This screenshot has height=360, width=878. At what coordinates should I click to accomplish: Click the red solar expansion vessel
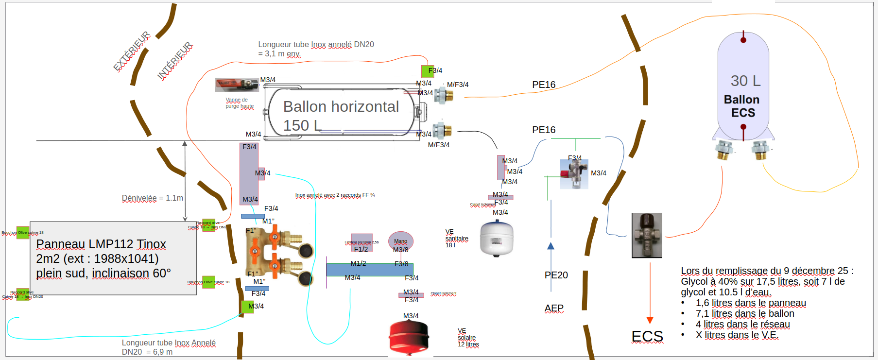point(409,336)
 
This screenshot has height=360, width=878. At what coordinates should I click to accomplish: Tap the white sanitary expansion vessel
point(497,238)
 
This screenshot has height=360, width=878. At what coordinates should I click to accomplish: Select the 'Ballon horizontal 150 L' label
point(341,116)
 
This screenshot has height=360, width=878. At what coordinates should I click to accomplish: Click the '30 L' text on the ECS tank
point(745,81)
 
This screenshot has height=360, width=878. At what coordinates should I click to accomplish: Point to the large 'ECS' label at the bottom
point(647,337)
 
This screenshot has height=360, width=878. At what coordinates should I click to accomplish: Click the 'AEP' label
point(554,308)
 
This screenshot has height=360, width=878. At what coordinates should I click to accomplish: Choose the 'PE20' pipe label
point(556,275)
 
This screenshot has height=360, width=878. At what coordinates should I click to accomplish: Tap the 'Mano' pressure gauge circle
point(401,241)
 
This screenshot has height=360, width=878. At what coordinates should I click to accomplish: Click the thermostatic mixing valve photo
point(647,235)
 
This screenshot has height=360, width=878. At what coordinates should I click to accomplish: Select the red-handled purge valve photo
point(237,85)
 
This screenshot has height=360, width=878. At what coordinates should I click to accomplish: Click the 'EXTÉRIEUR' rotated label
point(132,51)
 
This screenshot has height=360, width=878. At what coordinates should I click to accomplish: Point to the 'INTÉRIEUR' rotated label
point(174,61)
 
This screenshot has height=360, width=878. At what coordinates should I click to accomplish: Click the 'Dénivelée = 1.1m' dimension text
point(152,198)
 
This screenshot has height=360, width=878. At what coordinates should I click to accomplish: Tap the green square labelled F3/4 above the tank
point(427,71)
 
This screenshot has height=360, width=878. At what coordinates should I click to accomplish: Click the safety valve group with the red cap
point(574,173)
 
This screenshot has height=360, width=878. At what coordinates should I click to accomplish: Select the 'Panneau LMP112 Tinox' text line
point(101,244)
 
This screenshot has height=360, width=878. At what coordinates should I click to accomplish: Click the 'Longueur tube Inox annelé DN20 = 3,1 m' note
point(316,49)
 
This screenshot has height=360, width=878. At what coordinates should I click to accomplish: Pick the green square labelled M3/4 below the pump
point(247,307)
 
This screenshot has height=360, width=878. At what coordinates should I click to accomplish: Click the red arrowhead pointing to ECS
point(650,320)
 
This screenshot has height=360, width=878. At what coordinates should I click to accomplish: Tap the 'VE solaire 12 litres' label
point(468,338)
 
